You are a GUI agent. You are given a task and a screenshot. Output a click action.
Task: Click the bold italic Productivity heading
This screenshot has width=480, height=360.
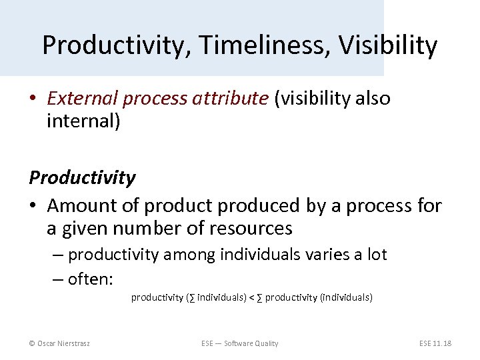(x=82, y=178)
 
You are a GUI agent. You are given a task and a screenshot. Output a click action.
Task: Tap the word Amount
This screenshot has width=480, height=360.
(x=84, y=205)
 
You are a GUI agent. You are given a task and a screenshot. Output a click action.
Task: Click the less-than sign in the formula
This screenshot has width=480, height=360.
(x=251, y=297)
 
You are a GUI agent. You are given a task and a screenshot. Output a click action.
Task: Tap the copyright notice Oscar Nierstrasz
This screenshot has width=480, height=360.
(x=59, y=343)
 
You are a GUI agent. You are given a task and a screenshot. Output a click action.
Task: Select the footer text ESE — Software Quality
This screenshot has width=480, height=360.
(x=239, y=343)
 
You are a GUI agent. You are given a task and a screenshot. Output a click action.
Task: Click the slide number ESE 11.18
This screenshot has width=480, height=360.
(x=435, y=343)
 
